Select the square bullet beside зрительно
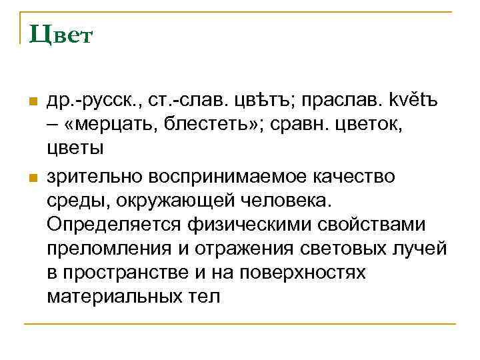click(x=30, y=178)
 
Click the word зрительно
click(x=98, y=177)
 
